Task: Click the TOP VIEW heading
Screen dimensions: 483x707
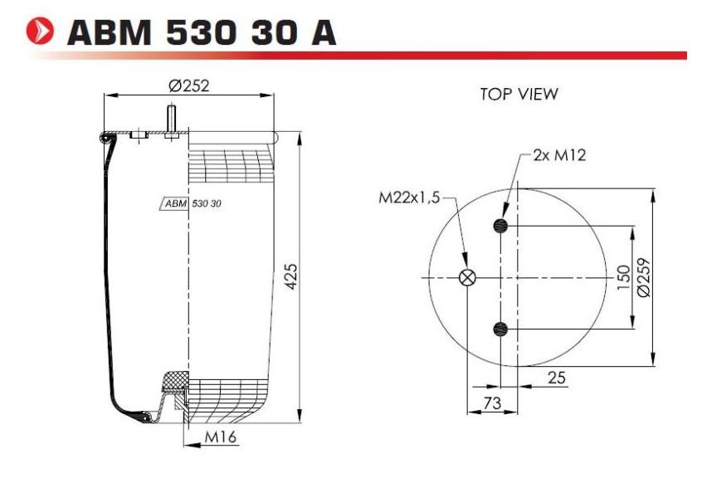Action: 519,95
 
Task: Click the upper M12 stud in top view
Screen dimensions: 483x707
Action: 500,225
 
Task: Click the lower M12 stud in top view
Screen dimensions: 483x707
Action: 500,329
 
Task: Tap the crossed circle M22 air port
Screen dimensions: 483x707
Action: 468,278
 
